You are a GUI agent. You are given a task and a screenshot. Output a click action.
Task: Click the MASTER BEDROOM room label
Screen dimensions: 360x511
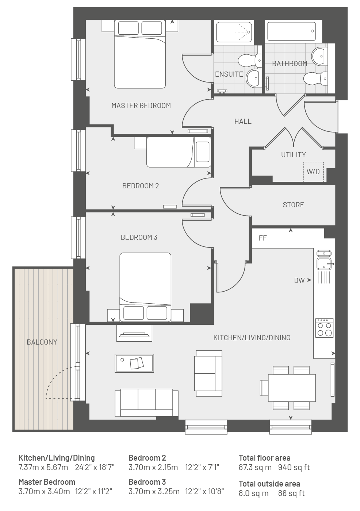tap(141, 105)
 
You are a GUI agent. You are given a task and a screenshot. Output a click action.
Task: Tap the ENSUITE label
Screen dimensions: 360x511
tap(229, 74)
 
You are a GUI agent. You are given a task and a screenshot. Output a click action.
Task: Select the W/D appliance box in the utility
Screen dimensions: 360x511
tap(313, 172)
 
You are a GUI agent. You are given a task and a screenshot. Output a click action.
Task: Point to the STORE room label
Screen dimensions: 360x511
tap(294, 205)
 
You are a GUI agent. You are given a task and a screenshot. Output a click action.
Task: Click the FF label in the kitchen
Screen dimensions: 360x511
tap(263, 238)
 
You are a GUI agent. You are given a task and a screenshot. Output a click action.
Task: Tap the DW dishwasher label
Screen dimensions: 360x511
tap(299, 280)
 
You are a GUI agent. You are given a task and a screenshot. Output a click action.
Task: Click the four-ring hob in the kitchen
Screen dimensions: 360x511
tap(325, 328)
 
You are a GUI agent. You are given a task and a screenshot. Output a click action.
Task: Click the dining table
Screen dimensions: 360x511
tap(292, 388)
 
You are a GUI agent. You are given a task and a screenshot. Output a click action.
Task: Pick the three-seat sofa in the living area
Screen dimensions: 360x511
tap(146, 403)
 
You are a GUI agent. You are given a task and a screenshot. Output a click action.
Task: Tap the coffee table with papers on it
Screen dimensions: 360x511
tap(134, 363)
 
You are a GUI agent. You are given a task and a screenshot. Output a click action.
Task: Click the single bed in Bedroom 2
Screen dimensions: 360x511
tap(179, 152)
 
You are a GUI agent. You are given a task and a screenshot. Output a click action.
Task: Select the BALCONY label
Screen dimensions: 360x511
tap(42, 342)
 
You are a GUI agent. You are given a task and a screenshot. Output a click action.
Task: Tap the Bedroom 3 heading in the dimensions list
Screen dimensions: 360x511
tap(147, 482)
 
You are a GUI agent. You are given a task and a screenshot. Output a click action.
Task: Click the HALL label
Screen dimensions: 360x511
tap(243, 121)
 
